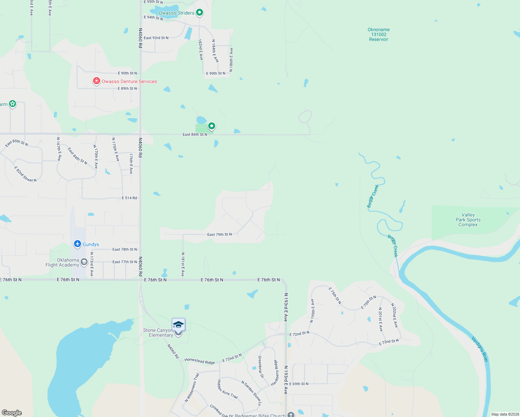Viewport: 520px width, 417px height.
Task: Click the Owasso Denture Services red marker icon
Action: [x=97, y=81]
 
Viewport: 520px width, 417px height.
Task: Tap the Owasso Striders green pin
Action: [x=200, y=13]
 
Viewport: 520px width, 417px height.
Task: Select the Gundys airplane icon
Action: [x=78, y=244]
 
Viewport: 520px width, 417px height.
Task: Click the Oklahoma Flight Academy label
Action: [x=63, y=262]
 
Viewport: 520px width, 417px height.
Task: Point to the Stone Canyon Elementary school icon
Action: [x=178, y=325]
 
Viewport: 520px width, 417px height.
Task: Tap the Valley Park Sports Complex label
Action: [x=468, y=220]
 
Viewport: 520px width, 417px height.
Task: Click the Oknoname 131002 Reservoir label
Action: [x=379, y=34]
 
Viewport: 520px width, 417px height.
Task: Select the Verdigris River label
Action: [x=480, y=349]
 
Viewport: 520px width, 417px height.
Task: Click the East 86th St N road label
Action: [x=195, y=134]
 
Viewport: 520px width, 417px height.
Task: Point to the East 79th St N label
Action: [x=219, y=235]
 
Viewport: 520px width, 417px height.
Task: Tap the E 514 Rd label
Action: [x=129, y=198]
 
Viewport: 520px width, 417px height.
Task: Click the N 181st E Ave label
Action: [x=183, y=264]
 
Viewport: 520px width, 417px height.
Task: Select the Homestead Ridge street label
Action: [x=200, y=361]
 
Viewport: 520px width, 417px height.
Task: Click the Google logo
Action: [x=12, y=413]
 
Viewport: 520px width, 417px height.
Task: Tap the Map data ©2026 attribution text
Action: [x=505, y=414]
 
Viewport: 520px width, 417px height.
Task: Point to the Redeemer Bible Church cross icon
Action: [x=291, y=414]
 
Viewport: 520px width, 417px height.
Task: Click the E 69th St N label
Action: [x=299, y=384]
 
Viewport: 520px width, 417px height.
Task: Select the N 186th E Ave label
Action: [x=231, y=60]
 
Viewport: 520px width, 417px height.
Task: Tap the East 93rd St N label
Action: [x=156, y=38]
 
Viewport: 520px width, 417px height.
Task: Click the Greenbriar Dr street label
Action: [x=261, y=367]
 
